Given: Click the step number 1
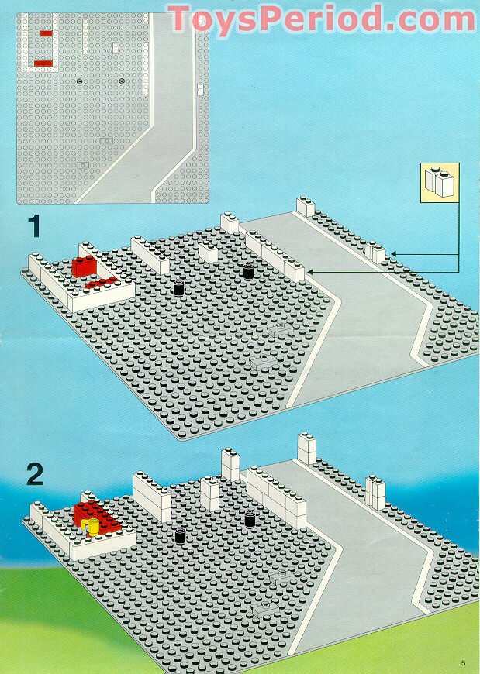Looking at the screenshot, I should pos(34,226).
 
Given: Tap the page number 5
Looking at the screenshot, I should pos(462,663).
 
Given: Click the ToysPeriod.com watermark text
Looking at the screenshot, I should pos(321,19).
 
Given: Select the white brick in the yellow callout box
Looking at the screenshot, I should pos(440,183).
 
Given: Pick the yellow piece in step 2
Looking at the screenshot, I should pos(92,528).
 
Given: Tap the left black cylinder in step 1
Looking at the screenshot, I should pos(178,288).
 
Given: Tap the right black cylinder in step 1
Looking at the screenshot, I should pos(248,271).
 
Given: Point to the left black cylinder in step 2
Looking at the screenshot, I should pos(180,535).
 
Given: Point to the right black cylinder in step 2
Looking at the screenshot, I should pos(250,518).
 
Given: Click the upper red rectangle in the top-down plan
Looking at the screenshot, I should pos(46,33).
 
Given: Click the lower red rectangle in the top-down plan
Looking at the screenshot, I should pos(43,63).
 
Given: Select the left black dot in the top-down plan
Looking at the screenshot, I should pos(79,81).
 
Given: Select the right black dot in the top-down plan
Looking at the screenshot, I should pos(122,81).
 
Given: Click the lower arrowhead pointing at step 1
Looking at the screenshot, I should pos(309,271).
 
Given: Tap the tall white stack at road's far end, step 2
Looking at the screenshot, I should pos(306,449).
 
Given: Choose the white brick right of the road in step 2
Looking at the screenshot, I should pos(375,493).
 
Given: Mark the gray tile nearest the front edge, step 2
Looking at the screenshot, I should pos(264,609).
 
